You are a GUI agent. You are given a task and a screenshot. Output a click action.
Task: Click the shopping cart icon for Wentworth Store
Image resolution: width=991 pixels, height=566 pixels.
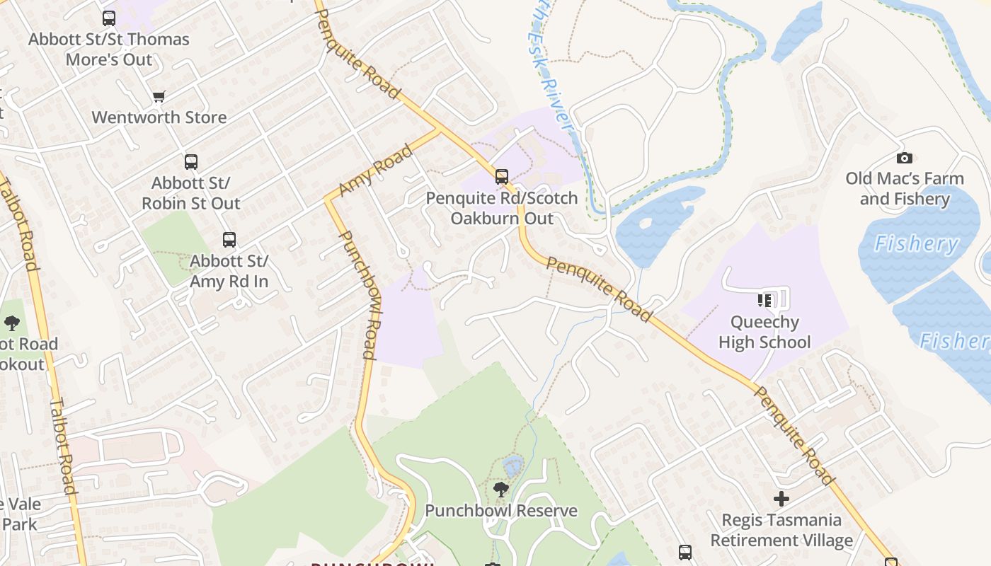coord(159,96)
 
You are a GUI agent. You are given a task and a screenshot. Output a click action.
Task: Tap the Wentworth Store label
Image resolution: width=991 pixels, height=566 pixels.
coord(159,117)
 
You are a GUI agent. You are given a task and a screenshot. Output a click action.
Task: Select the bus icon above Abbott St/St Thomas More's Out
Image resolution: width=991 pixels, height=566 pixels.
coord(109,18)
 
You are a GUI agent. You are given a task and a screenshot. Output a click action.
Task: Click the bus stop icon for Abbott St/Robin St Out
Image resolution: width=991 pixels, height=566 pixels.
coord(191,162)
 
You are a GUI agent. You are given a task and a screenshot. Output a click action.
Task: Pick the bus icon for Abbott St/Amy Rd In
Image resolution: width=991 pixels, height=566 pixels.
coord(229,240)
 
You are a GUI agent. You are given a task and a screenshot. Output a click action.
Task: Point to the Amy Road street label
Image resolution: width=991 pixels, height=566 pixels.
coord(375,171)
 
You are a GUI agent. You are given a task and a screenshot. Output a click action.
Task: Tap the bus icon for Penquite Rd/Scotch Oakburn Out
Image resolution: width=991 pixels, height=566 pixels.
coord(502,177)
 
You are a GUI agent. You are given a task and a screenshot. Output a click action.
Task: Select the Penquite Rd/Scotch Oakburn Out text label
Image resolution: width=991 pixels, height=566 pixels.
coord(502,208)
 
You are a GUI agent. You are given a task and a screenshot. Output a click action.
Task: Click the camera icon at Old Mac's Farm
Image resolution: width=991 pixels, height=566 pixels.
coord(904,158)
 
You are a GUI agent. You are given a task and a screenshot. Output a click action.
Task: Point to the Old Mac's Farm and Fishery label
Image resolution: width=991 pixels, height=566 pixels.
coord(905,189)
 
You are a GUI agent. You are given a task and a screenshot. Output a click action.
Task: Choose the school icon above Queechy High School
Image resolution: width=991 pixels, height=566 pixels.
coord(764,301)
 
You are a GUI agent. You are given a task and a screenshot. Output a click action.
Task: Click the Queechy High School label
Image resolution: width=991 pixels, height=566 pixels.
coord(764,333)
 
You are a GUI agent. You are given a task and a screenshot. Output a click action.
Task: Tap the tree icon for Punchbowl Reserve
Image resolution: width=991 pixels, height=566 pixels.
coord(501,489)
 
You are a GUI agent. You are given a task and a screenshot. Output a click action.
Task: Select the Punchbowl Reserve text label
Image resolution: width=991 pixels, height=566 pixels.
coord(501,511)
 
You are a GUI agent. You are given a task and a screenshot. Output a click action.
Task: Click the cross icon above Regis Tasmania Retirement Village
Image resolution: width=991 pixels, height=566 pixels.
coord(781,499)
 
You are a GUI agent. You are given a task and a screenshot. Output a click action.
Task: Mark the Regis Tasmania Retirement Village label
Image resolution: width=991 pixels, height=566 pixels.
coord(781,531)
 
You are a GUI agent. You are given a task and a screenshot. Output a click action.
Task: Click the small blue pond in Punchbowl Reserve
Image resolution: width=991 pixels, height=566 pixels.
coord(512,466)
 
